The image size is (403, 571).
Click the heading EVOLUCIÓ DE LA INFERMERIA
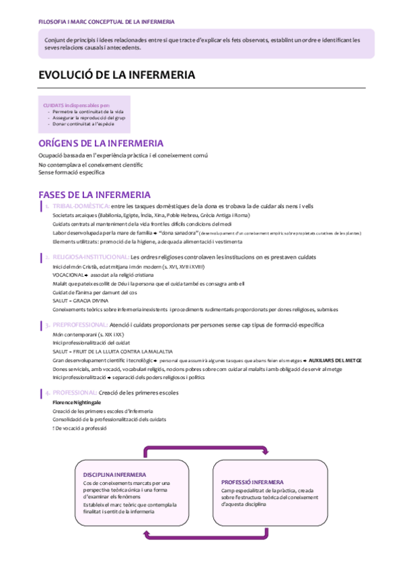pos(116,75)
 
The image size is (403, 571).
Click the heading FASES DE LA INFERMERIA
pos(94,195)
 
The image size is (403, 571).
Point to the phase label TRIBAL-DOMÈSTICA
pos(81,206)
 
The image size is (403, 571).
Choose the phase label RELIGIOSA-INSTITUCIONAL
pos(91,257)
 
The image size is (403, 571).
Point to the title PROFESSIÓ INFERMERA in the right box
pos(252,482)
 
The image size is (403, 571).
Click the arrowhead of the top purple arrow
pos(265,451)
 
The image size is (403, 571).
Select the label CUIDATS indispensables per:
pos(76,106)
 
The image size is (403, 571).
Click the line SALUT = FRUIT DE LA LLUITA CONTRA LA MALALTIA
pos(112,351)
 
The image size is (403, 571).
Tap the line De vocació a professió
pos(81,428)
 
